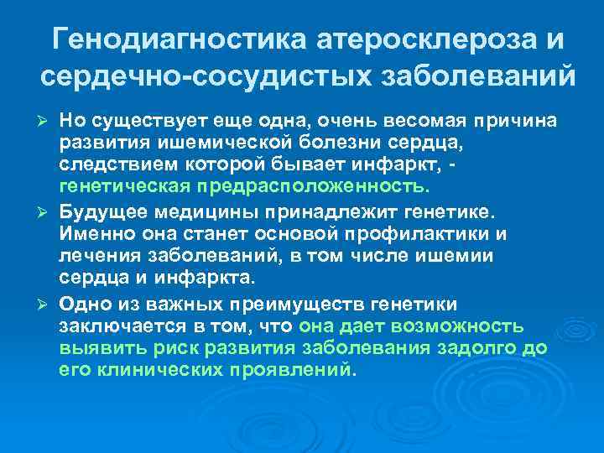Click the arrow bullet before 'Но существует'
tap(47, 122)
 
